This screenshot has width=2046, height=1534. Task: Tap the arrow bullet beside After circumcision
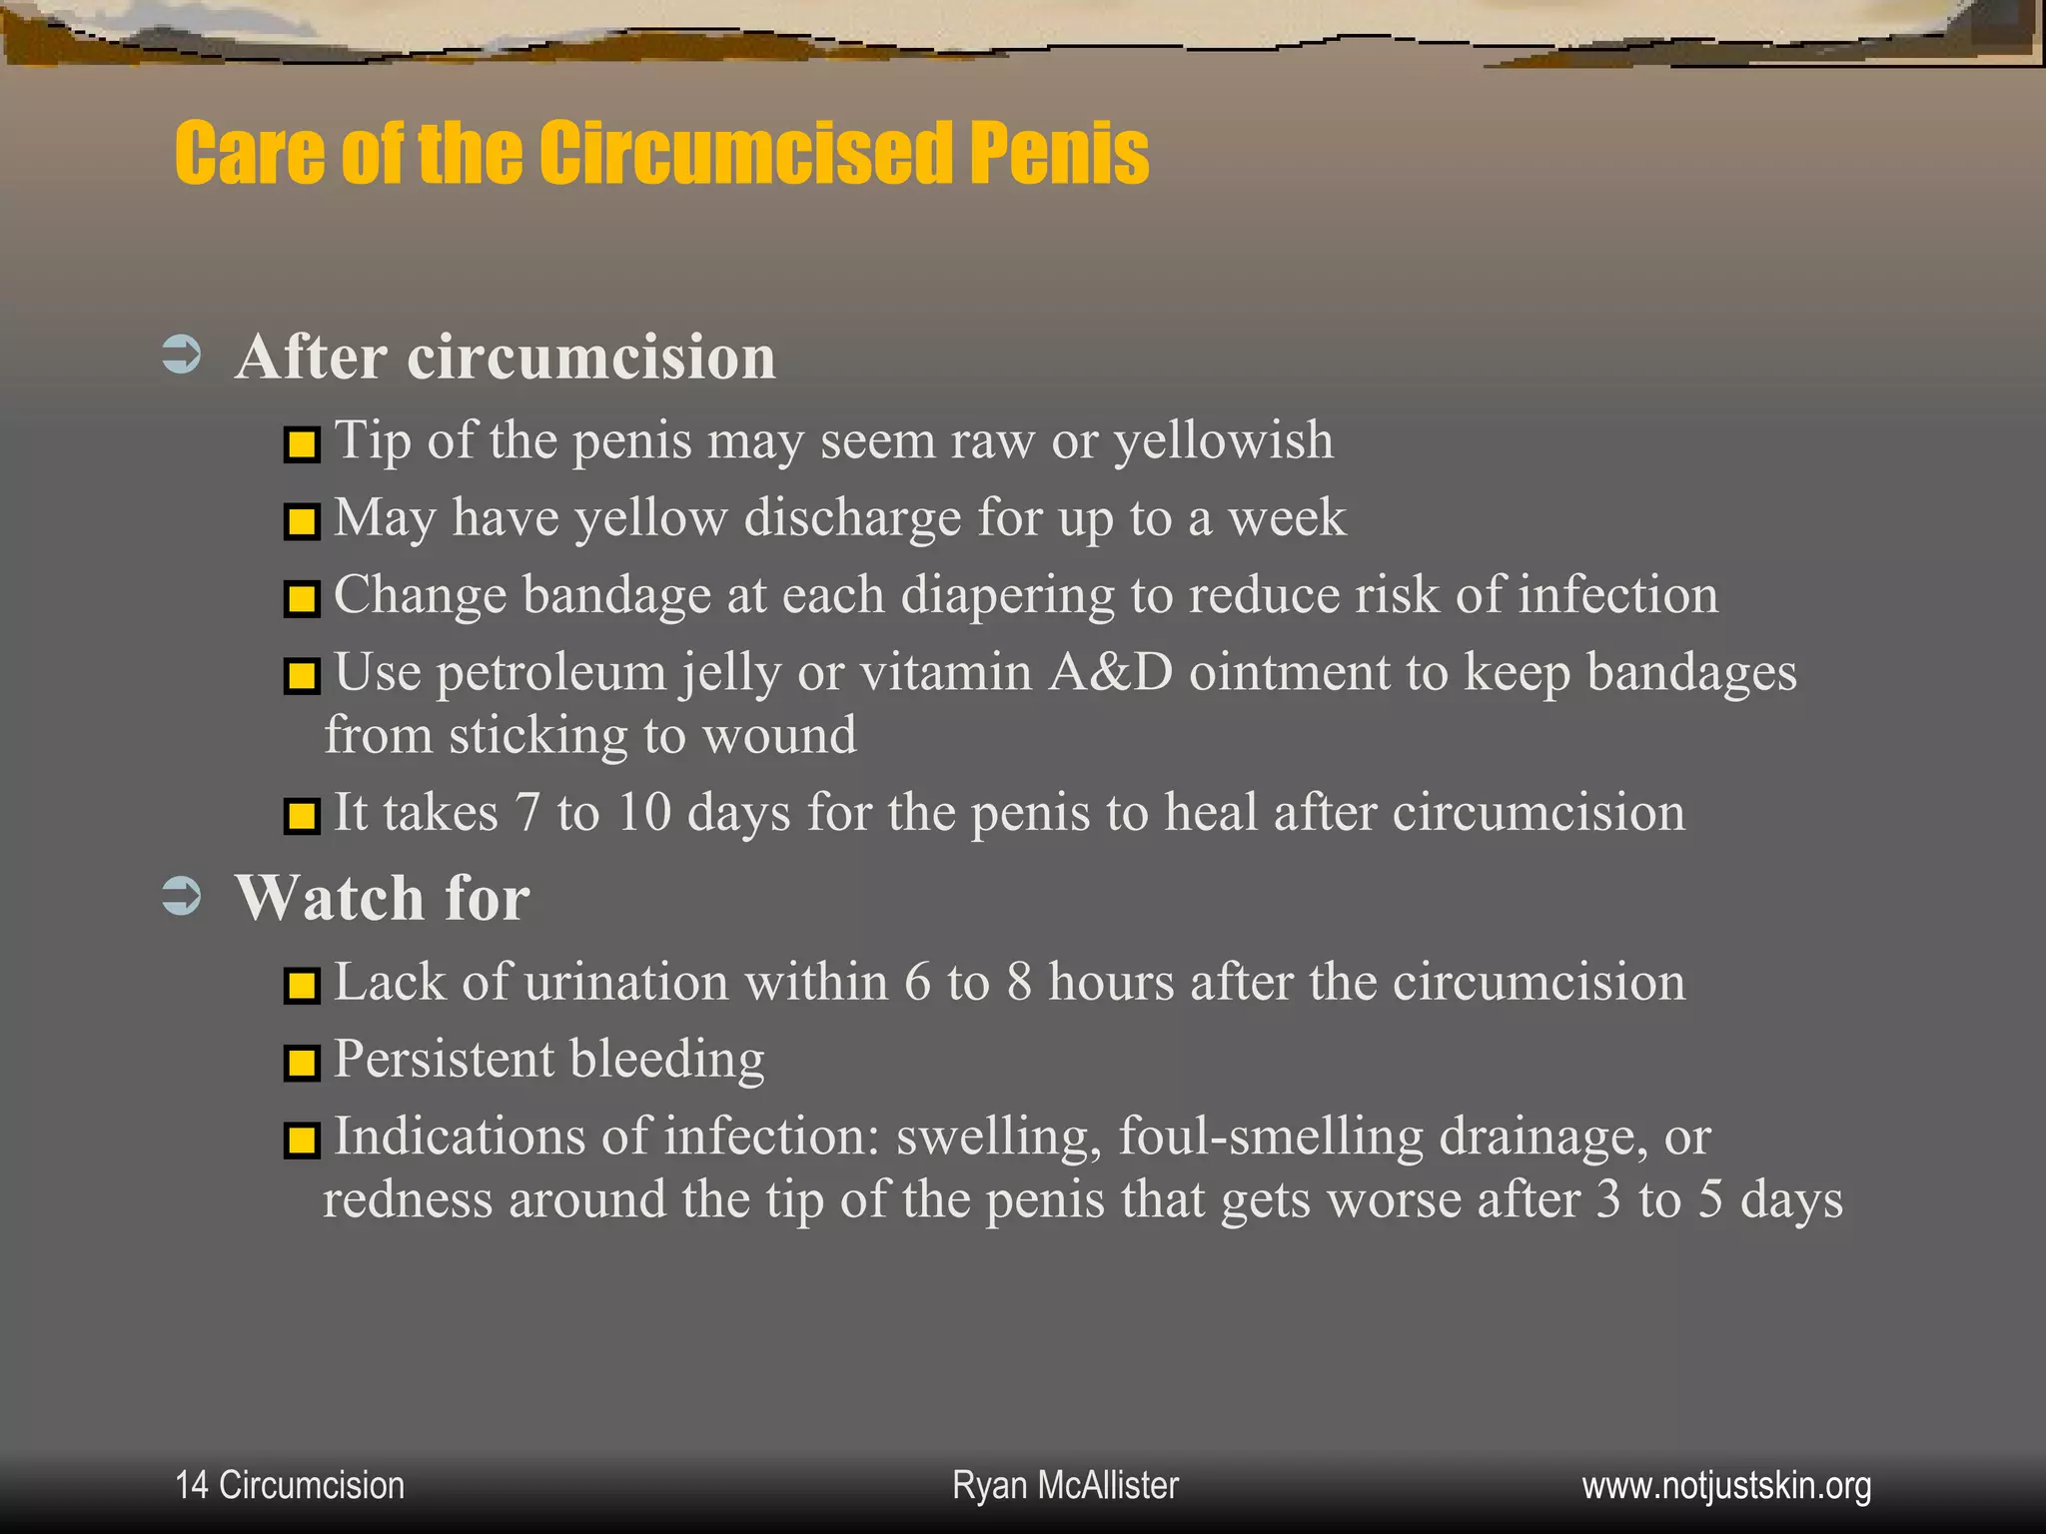click(x=182, y=355)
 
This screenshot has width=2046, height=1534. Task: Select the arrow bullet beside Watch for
click(x=182, y=895)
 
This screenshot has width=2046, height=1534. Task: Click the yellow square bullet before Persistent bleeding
click(x=302, y=1063)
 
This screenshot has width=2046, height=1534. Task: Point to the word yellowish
click(x=1223, y=441)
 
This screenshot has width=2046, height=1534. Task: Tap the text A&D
click(x=1110, y=672)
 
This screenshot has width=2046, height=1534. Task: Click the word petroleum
click(x=551, y=672)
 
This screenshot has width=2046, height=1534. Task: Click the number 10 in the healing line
click(x=643, y=812)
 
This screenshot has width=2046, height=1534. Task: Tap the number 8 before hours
click(x=1019, y=982)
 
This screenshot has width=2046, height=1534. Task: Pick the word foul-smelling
click(x=1270, y=1137)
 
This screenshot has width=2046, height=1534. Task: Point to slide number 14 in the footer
click(x=191, y=1485)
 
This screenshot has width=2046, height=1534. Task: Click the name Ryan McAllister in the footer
click(x=1065, y=1485)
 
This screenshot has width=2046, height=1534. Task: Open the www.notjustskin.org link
click(x=1726, y=1486)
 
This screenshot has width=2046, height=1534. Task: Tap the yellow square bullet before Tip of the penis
click(x=302, y=444)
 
